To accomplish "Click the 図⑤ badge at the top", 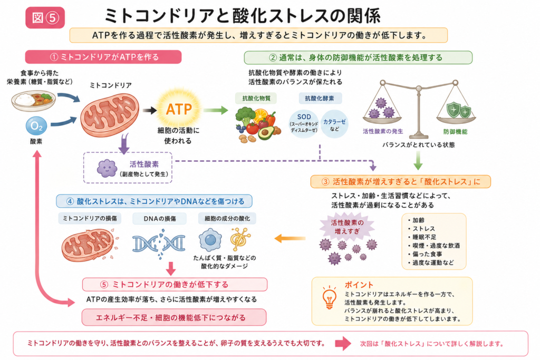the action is point(45,17).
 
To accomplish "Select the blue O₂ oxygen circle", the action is point(36,126).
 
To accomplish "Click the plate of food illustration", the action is point(33,100).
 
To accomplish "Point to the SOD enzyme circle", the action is point(304,123).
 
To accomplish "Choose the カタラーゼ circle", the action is point(334,124).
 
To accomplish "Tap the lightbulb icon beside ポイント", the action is point(329,298).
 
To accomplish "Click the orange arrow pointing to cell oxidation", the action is point(290,238).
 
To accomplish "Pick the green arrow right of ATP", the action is point(216,110).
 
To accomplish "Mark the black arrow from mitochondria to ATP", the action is point(149,110).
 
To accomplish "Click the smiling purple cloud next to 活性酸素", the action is point(107,168).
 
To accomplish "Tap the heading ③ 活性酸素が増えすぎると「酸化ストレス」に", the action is point(401,182).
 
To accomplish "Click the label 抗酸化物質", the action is point(256,99).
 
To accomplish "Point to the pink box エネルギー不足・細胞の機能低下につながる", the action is point(174,317).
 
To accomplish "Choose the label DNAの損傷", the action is point(159,219).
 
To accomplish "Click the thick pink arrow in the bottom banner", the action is point(343,344).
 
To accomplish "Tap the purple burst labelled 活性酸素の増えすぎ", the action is point(347,227).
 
